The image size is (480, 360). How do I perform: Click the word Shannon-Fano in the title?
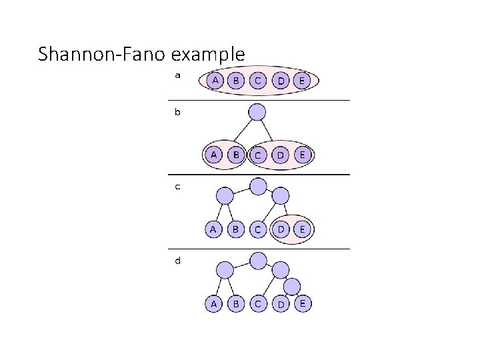(x=99, y=53)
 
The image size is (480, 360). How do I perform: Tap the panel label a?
(x=177, y=75)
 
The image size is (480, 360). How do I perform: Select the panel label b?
(x=177, y=112)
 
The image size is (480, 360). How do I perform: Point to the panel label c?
(x=177, y=187)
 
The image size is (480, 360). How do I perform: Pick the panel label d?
(x=177, y=261)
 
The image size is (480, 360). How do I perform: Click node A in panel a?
(x=214, y=80)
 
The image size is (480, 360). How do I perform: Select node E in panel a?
(x=302, y=81)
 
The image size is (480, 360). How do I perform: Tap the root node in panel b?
(x=257, y=111)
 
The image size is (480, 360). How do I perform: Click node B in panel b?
(x=235, y=155)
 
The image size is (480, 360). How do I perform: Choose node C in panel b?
(x=258, y=155)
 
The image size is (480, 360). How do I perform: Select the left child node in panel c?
(x=225, y=195)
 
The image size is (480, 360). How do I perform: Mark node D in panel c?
(x=281, y=229)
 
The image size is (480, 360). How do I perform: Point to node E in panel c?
(x=302, y=229)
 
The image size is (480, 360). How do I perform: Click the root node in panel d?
(x=257, y=260)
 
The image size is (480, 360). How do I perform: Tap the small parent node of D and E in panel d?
(x=291, y=285)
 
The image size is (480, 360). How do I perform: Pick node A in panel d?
(x=213, y=303)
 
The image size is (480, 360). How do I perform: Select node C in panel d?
(x=258, y=303)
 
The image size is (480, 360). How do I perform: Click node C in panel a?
(x=258, y=81)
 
